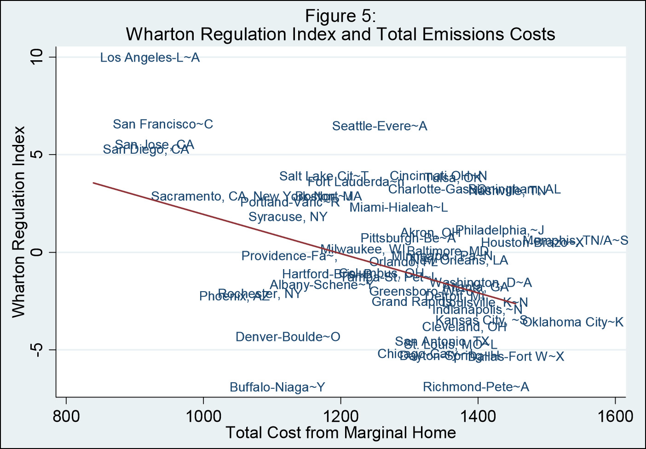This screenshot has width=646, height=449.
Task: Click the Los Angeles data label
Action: [150, 58]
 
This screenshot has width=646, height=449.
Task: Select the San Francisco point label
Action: [163, 125]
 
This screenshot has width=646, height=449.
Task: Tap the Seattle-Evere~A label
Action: [380, 127]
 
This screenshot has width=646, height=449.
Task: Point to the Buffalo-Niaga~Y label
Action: [277, 387]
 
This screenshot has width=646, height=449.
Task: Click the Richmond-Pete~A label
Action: [476, 387]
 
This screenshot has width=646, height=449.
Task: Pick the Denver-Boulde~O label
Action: [288, 337]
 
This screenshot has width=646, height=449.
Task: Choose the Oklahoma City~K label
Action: [573, 322]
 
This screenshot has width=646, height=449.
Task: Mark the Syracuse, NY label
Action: [288, 217]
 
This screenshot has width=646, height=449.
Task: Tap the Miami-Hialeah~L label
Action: [398, 207]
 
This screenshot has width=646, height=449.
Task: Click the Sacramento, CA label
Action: [199, 196]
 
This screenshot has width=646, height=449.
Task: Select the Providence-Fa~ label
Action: [289, 256]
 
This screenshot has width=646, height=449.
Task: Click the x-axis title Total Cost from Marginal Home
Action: [340, 433]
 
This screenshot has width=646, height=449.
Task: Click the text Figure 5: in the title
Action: [340, 17]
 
